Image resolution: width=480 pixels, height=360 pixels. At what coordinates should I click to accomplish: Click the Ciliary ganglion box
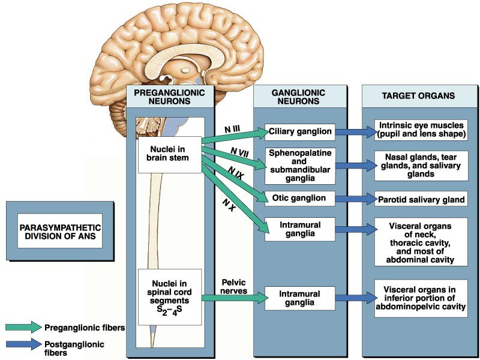click(300, 131)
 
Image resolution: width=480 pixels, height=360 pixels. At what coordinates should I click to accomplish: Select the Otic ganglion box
click(300, 198)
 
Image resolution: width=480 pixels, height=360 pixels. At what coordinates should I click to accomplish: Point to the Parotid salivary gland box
click(420, 199)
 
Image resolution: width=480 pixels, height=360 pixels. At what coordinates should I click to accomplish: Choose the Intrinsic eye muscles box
click(420, 129)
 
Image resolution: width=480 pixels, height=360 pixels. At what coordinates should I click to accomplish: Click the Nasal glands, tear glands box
click(420, 164)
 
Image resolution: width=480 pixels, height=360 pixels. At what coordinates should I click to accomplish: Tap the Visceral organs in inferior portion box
click(420, 295)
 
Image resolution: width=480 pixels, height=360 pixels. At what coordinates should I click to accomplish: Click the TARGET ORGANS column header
click(418, 96)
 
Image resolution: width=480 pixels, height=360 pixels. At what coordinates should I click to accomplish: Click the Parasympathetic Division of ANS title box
click(60, 232)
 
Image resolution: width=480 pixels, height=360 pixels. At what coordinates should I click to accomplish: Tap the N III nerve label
click(233, 129)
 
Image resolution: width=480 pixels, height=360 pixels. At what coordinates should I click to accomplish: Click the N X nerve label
click(228, 205)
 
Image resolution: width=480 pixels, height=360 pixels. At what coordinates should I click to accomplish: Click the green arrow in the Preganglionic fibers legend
click(23, 327)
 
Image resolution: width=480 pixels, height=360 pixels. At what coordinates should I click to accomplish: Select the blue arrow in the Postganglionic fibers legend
click(23, 345)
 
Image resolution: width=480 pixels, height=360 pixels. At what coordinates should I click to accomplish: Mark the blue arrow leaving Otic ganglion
click(354, 199)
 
